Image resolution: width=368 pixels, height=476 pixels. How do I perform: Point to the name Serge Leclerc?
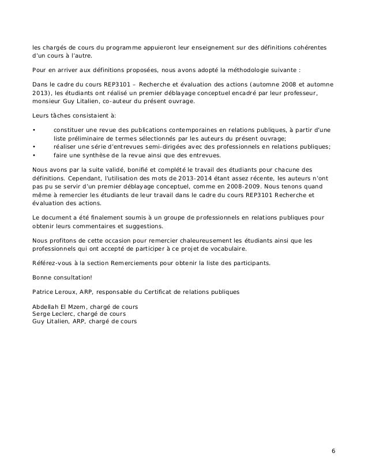(51, 313)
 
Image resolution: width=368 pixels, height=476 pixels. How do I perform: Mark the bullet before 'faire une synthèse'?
(35, 154)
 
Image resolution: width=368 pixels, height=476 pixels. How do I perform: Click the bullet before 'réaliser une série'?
(35, 147)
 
